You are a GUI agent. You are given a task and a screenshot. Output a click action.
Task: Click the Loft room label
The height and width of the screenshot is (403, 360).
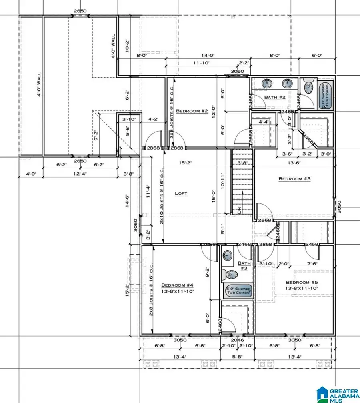click(x=181, y=194)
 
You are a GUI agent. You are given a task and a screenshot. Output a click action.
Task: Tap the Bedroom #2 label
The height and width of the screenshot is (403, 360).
click(x=192, y=111)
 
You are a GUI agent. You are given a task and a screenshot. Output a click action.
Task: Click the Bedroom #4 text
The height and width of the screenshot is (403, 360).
click(x=177, y=285)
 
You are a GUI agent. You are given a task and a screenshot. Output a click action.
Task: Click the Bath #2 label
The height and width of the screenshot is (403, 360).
click(x=274, y=97)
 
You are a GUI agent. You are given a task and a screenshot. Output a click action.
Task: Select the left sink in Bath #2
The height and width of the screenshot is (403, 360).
click(x=267, y=84)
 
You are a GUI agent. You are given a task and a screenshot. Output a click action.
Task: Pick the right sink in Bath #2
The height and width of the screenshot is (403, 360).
click(x=287, y=84)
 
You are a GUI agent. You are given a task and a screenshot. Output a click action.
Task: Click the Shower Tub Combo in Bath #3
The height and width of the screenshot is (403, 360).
click(x=238, y=290)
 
